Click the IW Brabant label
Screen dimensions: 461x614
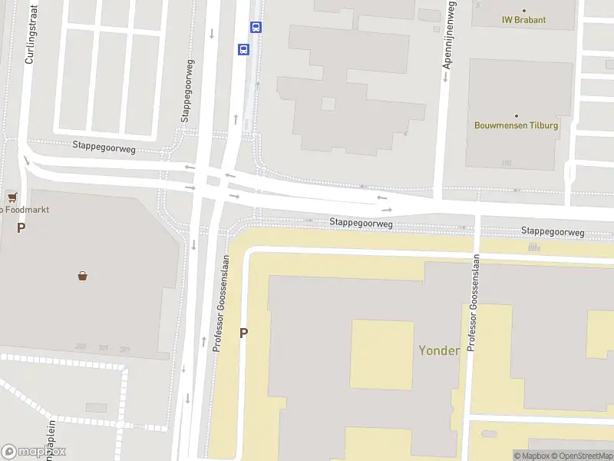coord(523,20)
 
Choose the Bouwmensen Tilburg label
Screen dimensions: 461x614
coord(516,125)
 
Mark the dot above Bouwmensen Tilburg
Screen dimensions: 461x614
coord(516,115)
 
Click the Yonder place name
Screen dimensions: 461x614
coord(438,350)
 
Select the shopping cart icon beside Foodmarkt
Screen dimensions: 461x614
coord(12,197)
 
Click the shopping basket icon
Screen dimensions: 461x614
coord(82,275)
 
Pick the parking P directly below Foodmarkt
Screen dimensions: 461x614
coord(21,227)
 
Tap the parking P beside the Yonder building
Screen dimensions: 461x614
coord(244,333)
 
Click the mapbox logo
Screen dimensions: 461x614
coord(34,451)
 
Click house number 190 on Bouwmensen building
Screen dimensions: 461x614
coord(505,163)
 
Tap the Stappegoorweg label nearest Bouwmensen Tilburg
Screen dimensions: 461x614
coord(553,231)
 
